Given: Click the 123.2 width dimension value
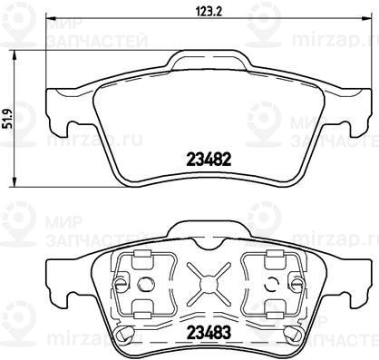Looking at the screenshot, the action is coord(209,12).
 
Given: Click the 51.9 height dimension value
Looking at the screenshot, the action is coord(9,119).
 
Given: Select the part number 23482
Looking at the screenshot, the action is coord(209,160).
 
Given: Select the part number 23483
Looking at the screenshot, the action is coord(209,333).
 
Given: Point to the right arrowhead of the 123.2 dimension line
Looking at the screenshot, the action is coord(366,17).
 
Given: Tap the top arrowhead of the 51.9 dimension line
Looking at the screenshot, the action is coord(14,55).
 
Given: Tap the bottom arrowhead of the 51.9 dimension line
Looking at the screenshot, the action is coord(14,182).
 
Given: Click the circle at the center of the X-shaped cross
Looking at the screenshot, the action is coord(209,284).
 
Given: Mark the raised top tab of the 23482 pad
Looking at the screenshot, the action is coord(209,61).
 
